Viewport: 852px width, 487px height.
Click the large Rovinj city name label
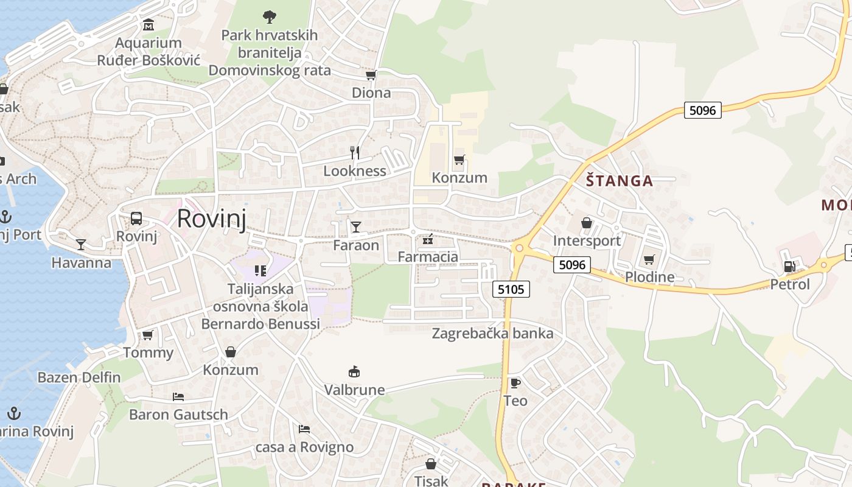212,218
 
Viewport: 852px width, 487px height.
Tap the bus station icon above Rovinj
136,219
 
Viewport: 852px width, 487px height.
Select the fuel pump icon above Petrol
789,267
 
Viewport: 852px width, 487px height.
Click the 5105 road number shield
511,289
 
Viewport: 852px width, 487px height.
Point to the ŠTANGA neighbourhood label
620,180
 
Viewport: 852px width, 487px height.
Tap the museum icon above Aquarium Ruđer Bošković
148,25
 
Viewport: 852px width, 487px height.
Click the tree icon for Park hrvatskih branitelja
269,16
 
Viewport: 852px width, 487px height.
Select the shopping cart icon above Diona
371,75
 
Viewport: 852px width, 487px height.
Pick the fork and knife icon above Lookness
355,153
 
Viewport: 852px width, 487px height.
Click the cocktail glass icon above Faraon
356,227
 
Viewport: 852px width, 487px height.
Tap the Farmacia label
428,256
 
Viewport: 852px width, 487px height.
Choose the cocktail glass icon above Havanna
81,245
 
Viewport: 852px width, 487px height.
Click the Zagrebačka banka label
492,333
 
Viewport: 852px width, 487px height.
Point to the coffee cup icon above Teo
515,383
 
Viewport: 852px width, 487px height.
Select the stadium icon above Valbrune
354,371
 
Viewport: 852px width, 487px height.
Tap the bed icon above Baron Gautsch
178,397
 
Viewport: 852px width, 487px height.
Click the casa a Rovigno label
304,447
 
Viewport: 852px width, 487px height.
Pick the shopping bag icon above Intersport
587,223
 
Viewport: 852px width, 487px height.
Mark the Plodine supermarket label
649,277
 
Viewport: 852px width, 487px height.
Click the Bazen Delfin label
79,377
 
